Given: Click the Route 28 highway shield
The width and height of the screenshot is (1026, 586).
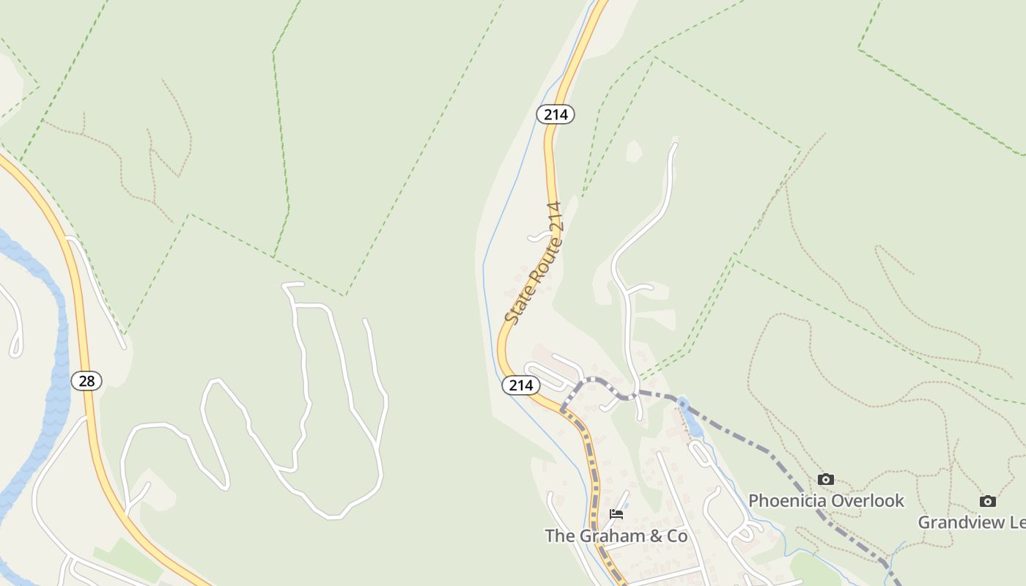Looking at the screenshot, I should tap(86, 381).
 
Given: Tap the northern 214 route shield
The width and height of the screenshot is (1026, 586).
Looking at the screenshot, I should tap(556, 114).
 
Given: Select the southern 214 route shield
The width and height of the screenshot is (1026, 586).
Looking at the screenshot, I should tap(520, 385).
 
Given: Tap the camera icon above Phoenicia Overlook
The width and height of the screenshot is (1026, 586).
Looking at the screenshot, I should tap(826, 479).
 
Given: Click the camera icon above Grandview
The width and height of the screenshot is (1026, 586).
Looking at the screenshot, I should tap(988, 501).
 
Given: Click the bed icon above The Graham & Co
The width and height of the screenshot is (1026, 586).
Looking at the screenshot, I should tap(616, 514).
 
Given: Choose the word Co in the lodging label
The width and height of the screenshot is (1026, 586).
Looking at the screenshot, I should tap(676, 536).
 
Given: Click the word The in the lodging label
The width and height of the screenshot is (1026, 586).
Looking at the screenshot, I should tap(560, 536).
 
